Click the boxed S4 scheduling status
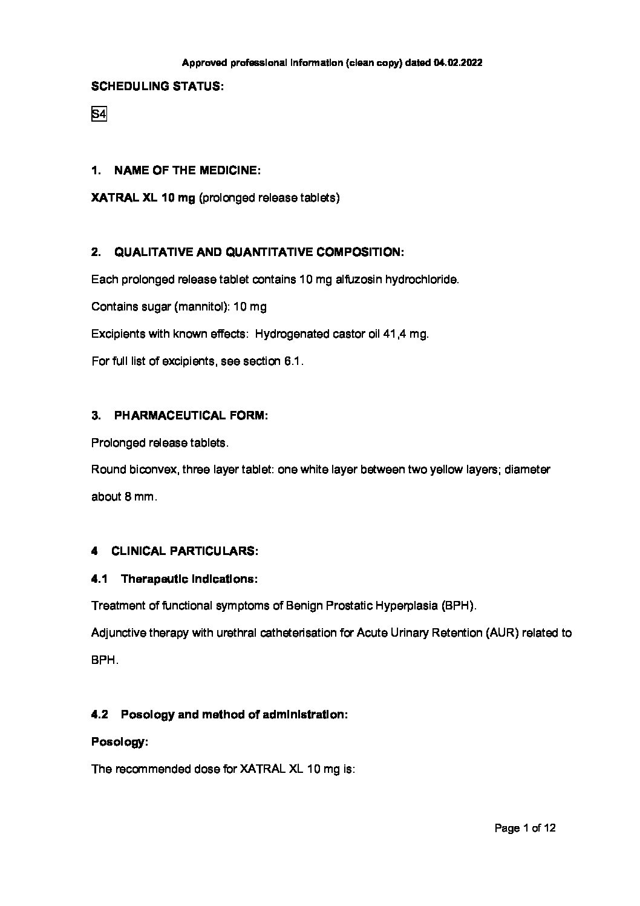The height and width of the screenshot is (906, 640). point(99,114)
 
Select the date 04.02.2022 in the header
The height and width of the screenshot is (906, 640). point(457,62)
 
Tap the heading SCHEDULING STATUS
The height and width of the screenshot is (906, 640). point(157,87)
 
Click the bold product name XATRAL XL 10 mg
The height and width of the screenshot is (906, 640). point(143,198)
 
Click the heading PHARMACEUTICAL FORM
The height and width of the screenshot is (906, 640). point(190,416)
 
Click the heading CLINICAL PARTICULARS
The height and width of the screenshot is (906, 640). point(184,551)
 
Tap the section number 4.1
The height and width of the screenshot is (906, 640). point(99,579)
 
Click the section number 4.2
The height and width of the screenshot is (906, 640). point(99,715)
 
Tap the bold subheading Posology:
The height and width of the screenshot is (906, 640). point(120,742)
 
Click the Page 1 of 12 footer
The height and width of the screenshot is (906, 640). point(524,829)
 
